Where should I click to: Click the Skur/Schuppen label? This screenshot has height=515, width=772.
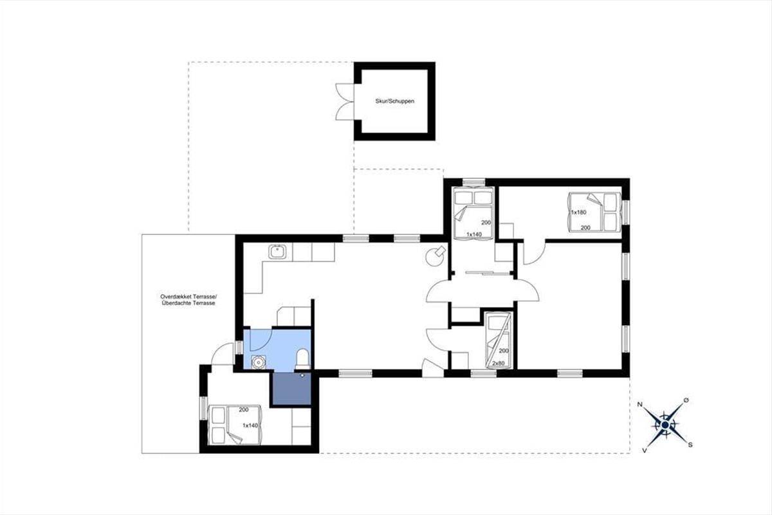click(394, 102)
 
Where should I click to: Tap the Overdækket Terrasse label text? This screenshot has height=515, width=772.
click(188, 297)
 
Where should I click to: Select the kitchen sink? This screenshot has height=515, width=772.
click(277, 252)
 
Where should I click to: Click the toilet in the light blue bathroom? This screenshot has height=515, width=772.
click(302, 358)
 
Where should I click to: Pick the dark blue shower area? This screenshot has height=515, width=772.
click(292, 388)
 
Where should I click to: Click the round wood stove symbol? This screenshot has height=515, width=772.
click(436, 256)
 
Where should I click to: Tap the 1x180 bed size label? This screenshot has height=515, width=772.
click(578, 212)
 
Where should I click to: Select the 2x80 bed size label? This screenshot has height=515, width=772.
click(499, 363)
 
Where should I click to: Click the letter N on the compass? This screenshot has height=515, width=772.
click(639, 404)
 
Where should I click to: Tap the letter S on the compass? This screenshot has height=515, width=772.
click(690, 445)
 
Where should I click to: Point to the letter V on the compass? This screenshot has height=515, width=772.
click(644, 451)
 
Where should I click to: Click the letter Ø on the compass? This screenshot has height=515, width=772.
click(686, 400)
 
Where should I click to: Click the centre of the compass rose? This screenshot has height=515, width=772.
click(665, 425)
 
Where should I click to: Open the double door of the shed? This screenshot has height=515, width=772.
click(345, 102)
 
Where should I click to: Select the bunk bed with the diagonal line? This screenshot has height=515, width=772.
click(497, 340)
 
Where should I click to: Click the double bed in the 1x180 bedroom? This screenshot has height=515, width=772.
click(594, 212)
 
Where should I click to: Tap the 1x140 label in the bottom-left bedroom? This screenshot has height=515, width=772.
click(250, 426)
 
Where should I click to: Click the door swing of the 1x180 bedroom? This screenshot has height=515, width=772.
click(534, 253)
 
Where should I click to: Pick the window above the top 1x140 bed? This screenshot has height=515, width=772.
click(473, 182)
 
